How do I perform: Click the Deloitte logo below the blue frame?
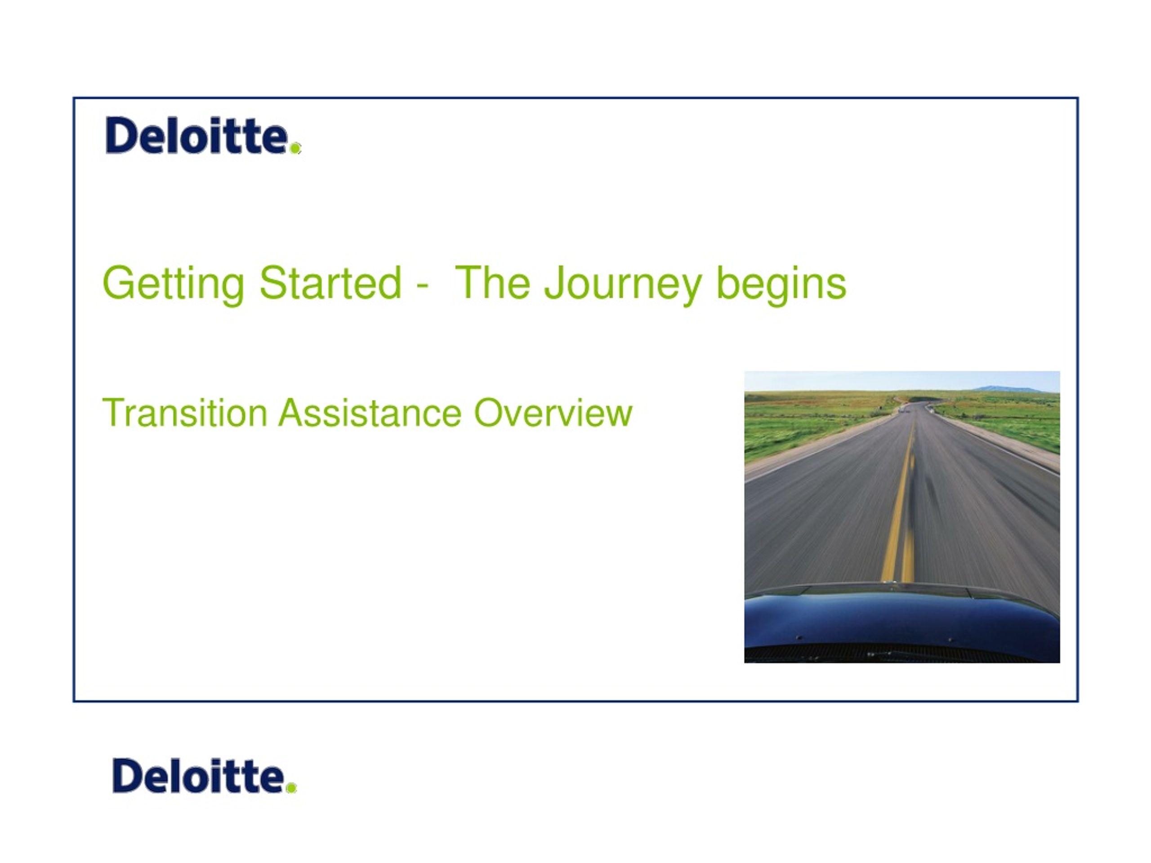(x=205, y=776)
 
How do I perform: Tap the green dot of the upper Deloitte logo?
(x=295, y=148)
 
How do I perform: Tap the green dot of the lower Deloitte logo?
(x=291, y=787)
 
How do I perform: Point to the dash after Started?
(x=423, y=287)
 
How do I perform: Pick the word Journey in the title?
(x=623, y=285)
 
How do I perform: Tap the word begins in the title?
(x=781, y=285)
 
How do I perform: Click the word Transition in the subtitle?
(x=185, y=413)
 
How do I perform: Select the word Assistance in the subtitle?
(x=370, y=413)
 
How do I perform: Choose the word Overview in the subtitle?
(x=553, y=413)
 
